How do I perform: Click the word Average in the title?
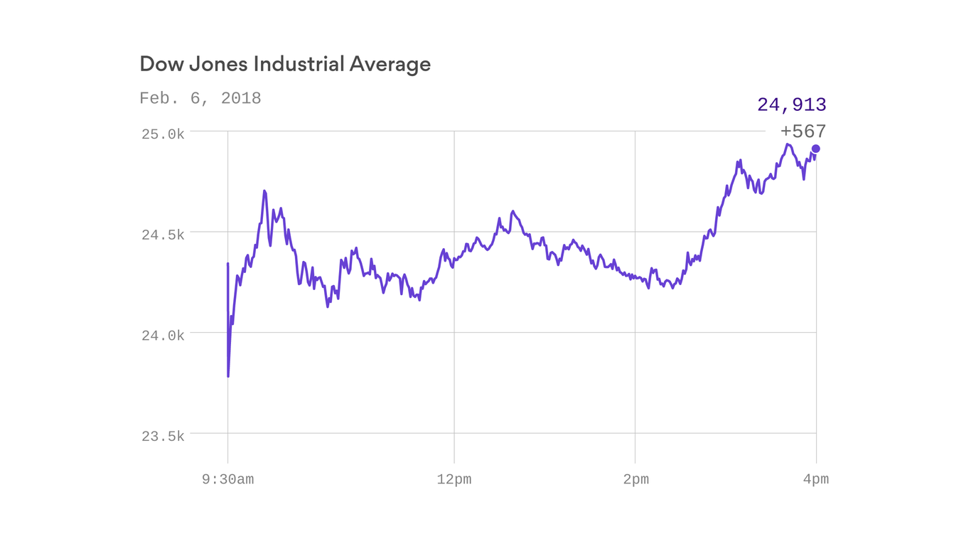[390, 64]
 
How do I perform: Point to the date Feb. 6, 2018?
[200, 98]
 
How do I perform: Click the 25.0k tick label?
[163, 134]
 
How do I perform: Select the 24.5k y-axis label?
[163, 235]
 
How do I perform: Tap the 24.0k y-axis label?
[163, 336]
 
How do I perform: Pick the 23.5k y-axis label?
[163, 437]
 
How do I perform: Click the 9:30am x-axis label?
[227, 480]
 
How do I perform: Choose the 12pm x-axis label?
[454, 480]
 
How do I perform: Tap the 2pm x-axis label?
[635, 480]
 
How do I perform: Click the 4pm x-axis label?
[816, 480]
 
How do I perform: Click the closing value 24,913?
[791, 105]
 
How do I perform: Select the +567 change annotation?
[803, 132]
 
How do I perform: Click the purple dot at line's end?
[816, 149]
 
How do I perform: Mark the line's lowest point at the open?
[228, 376]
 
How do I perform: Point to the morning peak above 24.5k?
[264, 191]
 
